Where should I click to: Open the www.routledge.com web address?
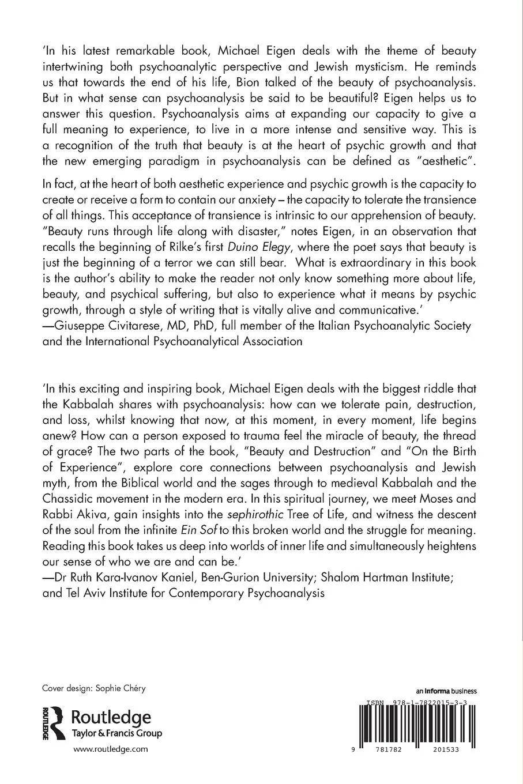pyautogui.click(x=111, y=749)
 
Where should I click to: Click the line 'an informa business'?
pyautogui.click(x=446, y=691)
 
